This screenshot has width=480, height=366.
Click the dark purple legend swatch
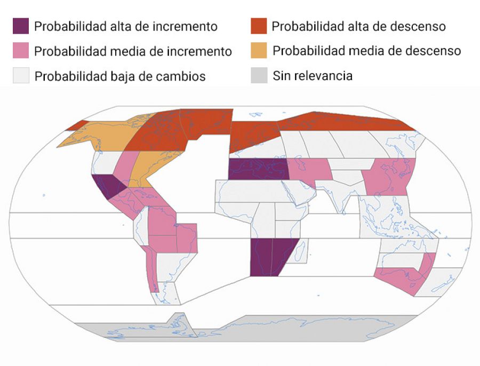tap(21, 26)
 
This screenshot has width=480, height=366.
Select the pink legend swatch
tap(21, 51)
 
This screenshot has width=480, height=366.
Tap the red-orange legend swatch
tap(259, 26)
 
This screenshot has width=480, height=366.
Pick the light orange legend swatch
tap(259, 51)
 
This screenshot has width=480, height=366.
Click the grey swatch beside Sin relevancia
tap(259, 75)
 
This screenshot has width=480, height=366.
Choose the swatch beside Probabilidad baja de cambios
tap(21, 75)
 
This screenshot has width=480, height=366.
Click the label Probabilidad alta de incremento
tap(125, 26)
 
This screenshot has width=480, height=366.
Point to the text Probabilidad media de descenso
tap(366, 51)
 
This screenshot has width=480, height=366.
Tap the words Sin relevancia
tap(312, 75)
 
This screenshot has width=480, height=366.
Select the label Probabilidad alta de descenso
tap(358, 26)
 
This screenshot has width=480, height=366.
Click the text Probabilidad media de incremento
tap(133, 51)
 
